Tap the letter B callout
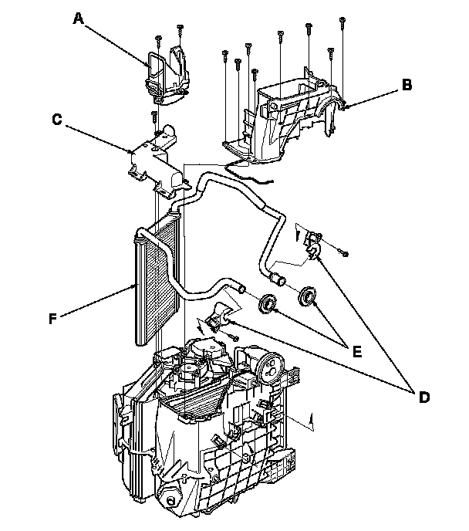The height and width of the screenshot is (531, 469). pyautogui.click(x=406, y=86)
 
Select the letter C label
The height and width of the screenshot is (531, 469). pyautogui.click(x=57, y=120)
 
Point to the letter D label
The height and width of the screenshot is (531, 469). pyautogui.click(x=423, y=397)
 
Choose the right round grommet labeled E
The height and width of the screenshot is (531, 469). pyautogui.click(x=309, y=296)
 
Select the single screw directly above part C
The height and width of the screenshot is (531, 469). pyautogui.click(x=154, y=116)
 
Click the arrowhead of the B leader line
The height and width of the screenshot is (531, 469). pyautogui.click(x=348, y=106)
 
